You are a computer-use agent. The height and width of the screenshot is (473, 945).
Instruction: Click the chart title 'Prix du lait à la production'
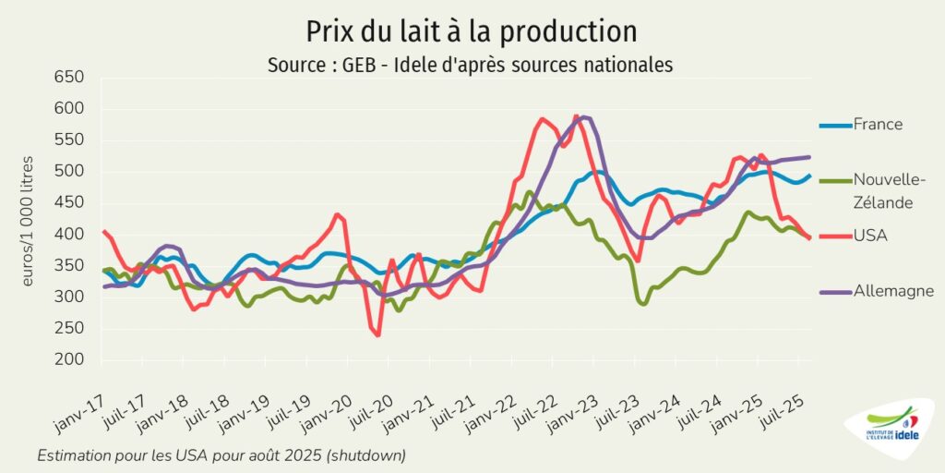click(472, 31)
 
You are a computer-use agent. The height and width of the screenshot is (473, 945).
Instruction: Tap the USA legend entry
click(869, 236)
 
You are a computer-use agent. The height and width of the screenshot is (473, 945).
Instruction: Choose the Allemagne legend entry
click(893, 291)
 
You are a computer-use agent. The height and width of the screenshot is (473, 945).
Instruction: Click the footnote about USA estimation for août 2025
click(221, 456)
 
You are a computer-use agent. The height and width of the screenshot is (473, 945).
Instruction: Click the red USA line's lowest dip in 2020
click(378, 334)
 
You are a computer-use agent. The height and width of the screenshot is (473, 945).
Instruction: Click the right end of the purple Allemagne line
click(809, 157)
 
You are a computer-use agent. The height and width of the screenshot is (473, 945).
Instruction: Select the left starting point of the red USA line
click(103, 231)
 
